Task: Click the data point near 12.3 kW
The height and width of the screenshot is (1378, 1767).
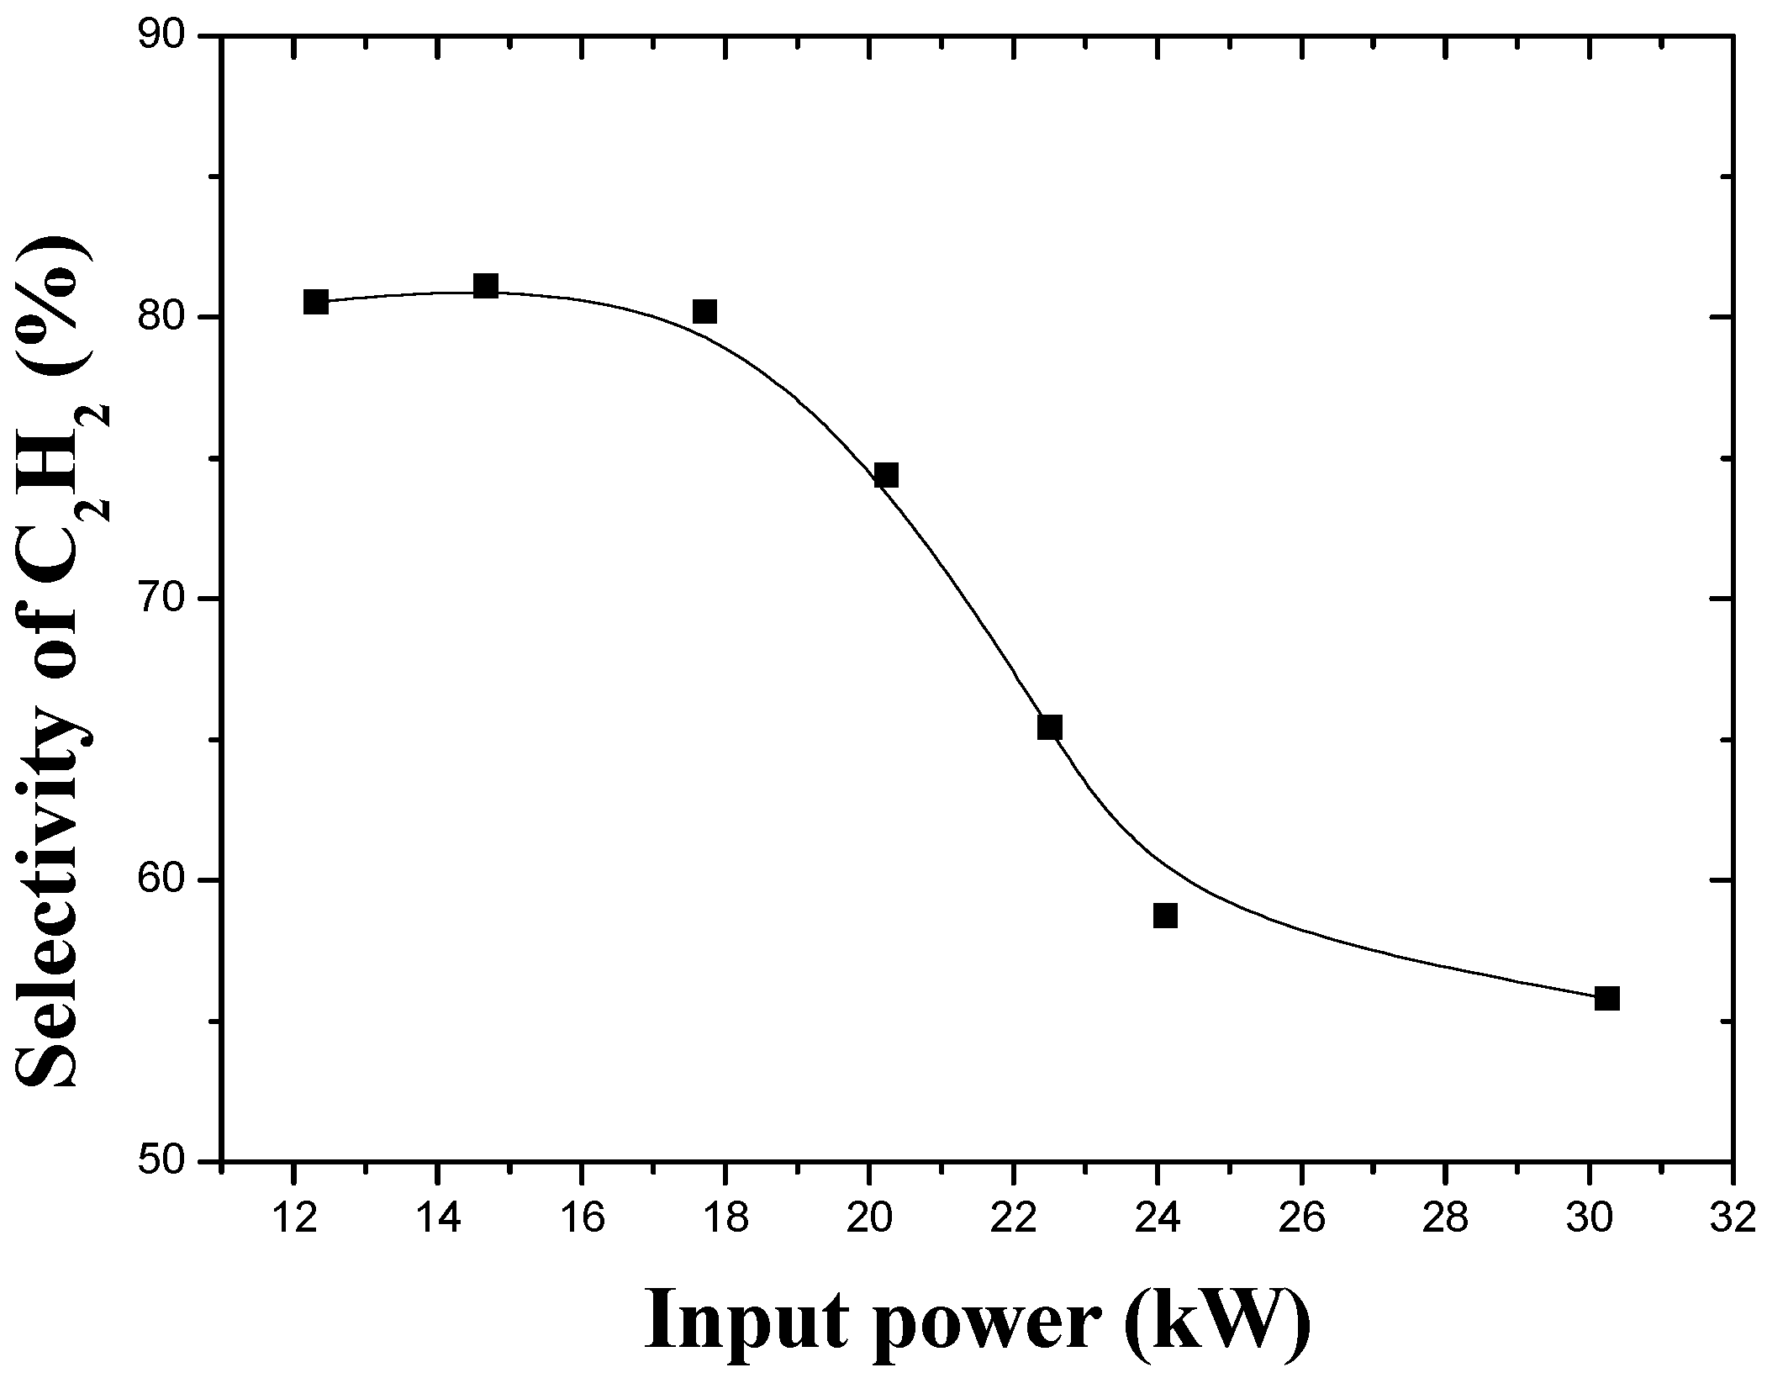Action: click(315, 301)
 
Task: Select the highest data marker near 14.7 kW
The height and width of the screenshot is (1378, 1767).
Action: click(486, 286)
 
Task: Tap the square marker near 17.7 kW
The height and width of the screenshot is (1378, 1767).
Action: click(704, 311)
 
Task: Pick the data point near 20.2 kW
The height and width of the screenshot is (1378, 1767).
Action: click(886, 475)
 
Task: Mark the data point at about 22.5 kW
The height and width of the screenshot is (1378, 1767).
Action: click(1050, 727)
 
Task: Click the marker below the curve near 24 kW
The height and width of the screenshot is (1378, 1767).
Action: click(1165, 915)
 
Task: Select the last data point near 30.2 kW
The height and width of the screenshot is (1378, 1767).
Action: click(1606, 998)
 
